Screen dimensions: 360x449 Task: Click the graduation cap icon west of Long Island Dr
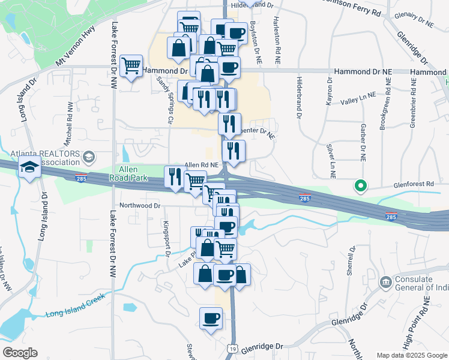point(29,167)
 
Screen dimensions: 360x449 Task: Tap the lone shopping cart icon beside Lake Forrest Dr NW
point(131,66)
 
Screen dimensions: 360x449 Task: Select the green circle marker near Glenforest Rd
point(360,186)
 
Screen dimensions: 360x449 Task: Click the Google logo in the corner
point(19,353)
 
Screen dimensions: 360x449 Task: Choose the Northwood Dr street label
point(140,205)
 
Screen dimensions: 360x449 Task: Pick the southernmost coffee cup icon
point(211,319)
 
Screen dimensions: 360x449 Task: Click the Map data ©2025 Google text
point(411,355)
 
